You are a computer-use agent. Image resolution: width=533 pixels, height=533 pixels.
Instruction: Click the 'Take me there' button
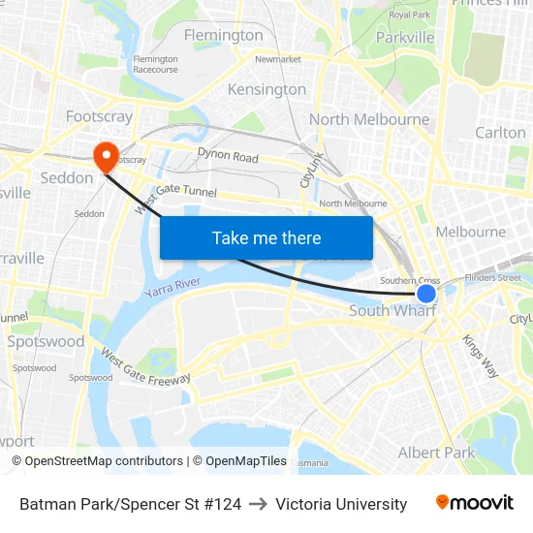coord(266,237)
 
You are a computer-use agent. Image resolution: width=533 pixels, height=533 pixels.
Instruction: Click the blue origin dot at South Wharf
coord(426,293)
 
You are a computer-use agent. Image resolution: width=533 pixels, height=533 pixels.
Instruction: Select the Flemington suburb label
coord(223,36)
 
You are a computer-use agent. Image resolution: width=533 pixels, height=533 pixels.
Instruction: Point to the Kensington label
coord(266,89)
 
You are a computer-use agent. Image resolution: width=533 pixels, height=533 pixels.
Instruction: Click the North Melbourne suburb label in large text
coord(369,119)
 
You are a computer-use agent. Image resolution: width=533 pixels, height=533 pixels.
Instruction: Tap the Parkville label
coord(404,38)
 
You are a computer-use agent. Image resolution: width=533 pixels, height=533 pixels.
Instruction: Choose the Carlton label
coord(500,132)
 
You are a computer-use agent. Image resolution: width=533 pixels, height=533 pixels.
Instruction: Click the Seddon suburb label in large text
coord(67,178)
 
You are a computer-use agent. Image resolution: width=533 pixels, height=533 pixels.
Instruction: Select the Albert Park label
coord(436,453)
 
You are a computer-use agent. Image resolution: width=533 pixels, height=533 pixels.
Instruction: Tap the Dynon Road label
coord(228,156)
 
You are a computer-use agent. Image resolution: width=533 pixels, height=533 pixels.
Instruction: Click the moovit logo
coord(475,502)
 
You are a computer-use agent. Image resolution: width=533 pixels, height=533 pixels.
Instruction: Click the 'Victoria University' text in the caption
coord(341,504)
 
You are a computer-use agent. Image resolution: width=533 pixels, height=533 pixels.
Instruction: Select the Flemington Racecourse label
coord(156,65)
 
